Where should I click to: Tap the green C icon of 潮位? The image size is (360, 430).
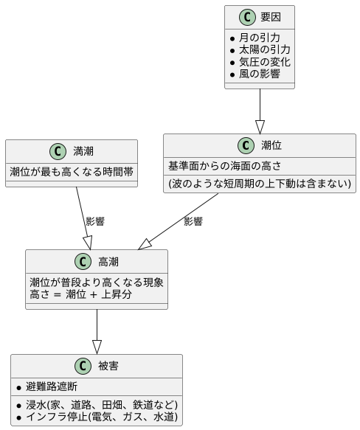pos(246,146)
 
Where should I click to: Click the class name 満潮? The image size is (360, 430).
pos(83,152)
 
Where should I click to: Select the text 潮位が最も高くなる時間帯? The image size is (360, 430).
pos(72,171)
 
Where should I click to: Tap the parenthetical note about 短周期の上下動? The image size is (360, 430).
pos(260,183)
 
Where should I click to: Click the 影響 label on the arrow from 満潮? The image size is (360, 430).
pos(95,221)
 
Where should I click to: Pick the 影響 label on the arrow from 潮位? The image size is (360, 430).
pos(193,221)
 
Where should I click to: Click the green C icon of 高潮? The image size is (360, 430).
pos(83,262)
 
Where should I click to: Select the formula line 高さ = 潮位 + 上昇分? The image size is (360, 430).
pos(81,294)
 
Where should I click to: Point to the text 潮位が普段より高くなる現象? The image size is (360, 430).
pos(97,282)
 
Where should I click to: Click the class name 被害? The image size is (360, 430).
pos(108,367)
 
